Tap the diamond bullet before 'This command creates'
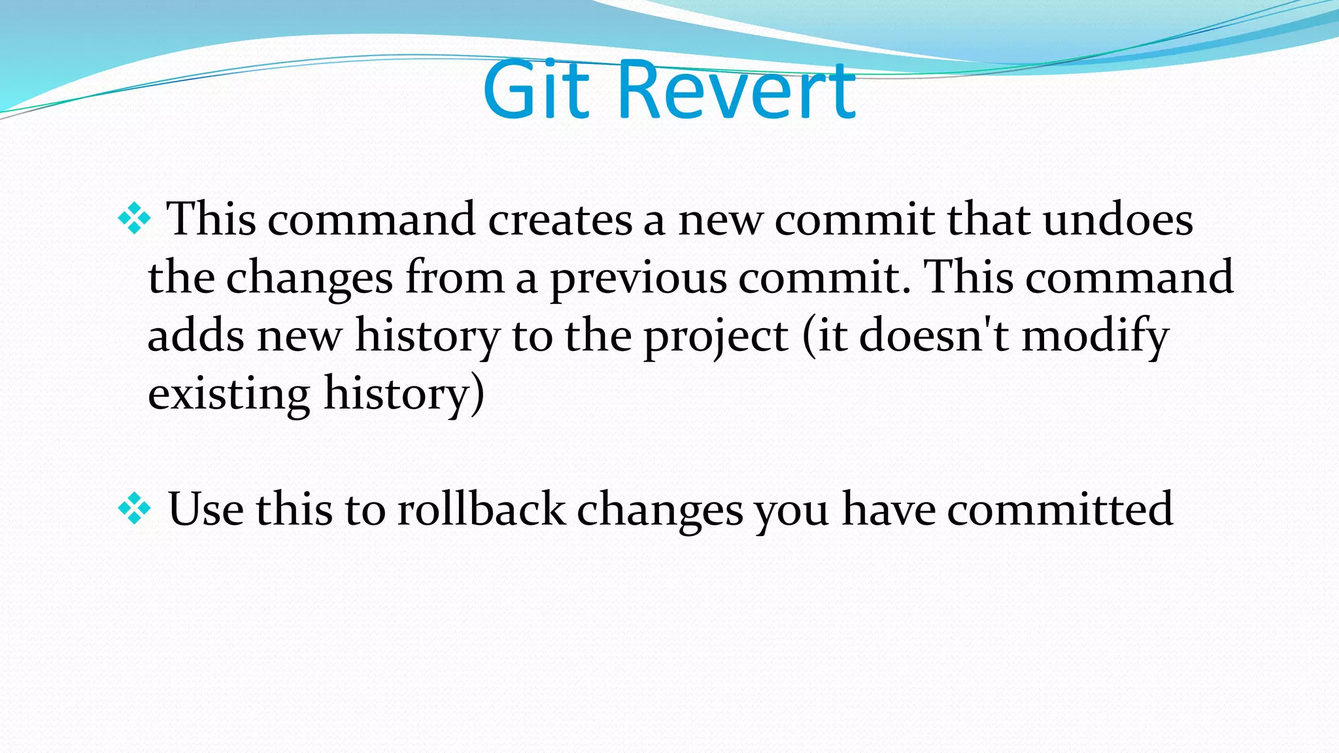click(x=134, y=219)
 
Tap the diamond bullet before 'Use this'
click(x=134, y=509)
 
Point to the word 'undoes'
click(x=1117, y=220)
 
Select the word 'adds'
click(x=195, y=335)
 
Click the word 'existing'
click(x=229, y=394)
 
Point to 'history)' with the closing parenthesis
click(x=404, y=394)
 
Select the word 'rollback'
click(x=481, y=509)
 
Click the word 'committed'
click(x=1060, y=509)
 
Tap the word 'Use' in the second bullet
click(x=205, y=509)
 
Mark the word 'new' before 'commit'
click(x=719, y=221)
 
